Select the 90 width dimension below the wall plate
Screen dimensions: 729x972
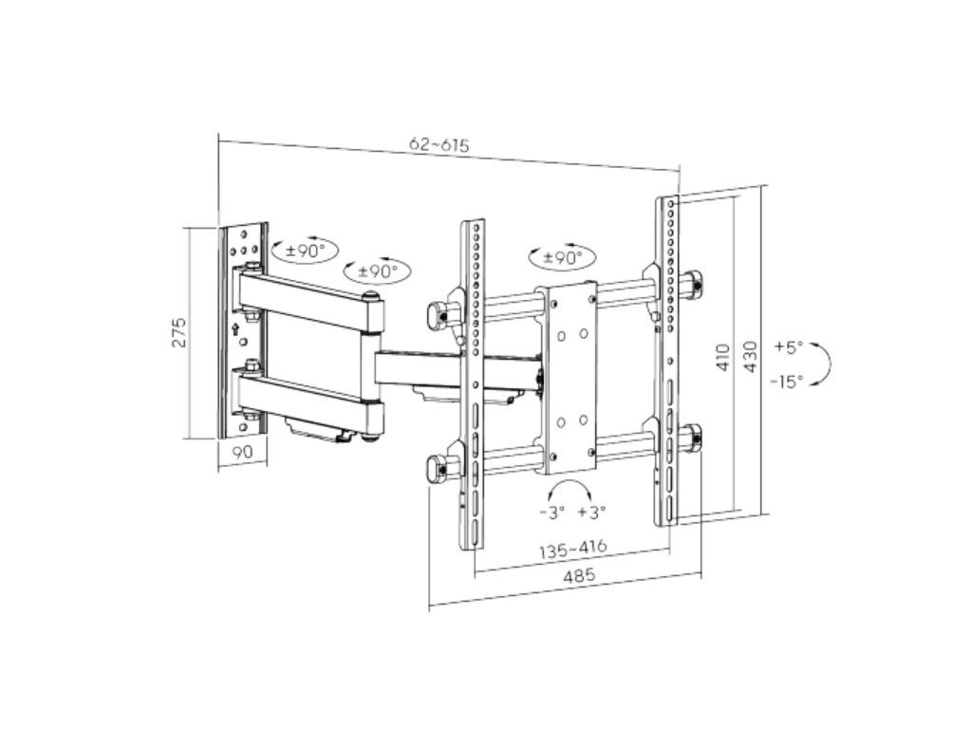tap(242, 453)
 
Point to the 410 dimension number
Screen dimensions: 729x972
tap(724, 356)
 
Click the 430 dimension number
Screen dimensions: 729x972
tap(750, 356)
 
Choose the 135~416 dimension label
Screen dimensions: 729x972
tap(572, 549)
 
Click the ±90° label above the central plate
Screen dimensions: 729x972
tap(562, 257)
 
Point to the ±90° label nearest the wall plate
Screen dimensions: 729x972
tap(304, 251)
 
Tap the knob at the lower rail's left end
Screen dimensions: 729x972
tap(437, 467)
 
